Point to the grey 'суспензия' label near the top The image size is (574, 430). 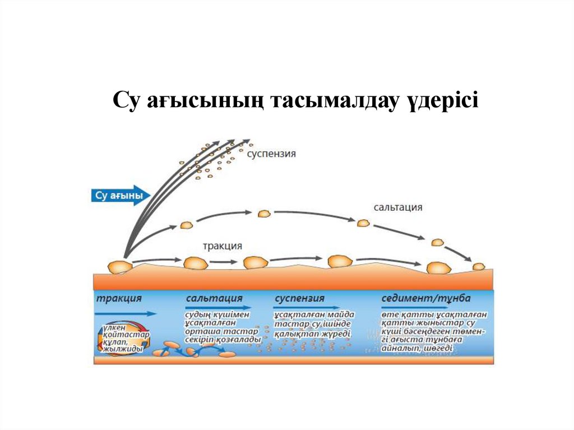271,153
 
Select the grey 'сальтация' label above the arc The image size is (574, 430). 397,207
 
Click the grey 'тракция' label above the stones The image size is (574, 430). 223,246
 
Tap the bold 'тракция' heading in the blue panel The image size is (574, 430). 119,298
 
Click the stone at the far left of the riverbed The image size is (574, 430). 120,266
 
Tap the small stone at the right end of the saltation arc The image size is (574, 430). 478,266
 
